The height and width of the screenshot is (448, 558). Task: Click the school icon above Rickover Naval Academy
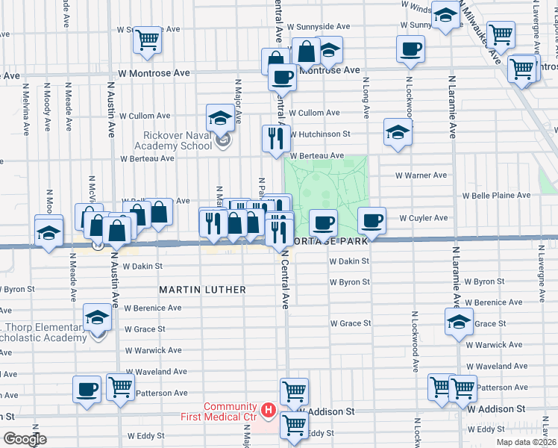coord(221,118)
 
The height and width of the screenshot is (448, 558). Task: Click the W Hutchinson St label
coord(320,134)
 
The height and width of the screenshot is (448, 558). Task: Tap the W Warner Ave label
coord(421,175)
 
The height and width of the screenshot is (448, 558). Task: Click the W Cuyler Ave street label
coord(423,218)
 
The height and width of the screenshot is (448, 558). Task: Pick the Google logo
coord(25,439)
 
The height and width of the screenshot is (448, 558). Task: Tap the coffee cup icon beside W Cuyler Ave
coord(372,221)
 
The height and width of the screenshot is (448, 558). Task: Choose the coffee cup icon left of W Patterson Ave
coord(87,389)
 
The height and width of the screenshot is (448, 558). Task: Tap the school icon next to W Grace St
coord(458,323)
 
